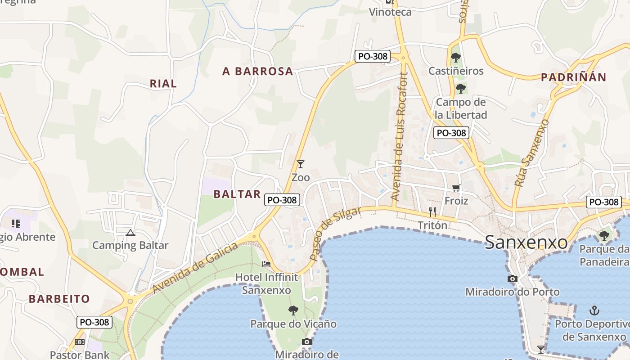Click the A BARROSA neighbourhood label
coord(258,71)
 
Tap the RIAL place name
coord(163,83)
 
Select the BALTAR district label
coord(237,194)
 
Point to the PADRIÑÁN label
coord(573,77)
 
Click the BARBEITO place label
coord(59,298)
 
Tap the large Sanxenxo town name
coord(526,243)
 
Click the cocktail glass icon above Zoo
coord(301,164)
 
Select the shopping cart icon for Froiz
coord(456,188)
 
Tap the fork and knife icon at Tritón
coord(432,211)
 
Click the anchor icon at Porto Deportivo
coord(594,310)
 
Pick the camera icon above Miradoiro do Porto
coord(512,279)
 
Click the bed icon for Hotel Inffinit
coord(266,264)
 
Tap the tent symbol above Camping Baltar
coord(130,233)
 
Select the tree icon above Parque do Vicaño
coord(293,310)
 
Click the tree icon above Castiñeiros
coord(456,58)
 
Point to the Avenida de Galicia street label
coord(195,268)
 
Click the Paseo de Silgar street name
coord(335,234)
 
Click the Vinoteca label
coord(390,12)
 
